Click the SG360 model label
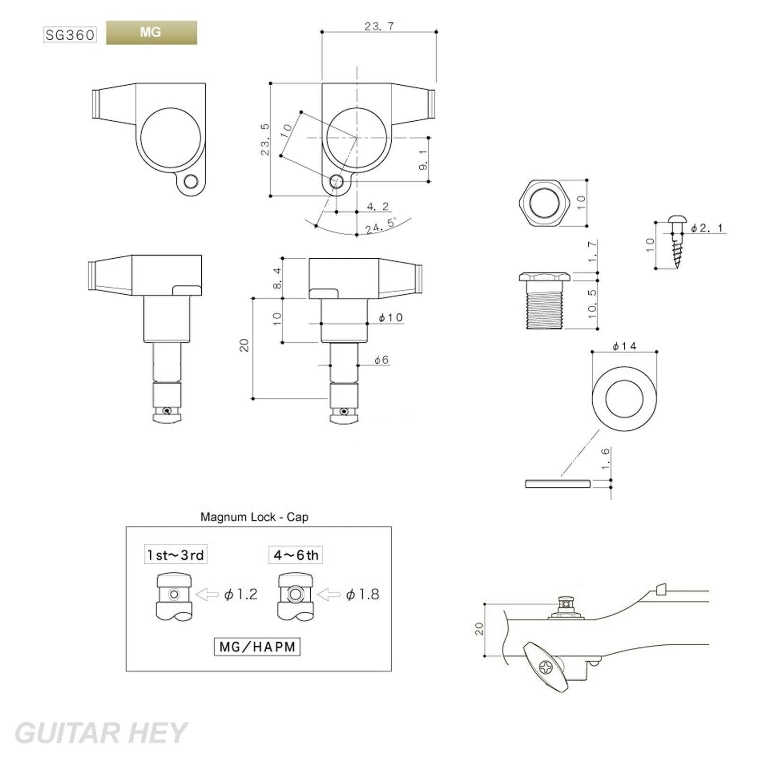(70, 35)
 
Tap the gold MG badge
(151, 33)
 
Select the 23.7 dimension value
(379, 27)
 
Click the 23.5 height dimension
(265, 139)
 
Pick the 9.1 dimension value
(423, 160)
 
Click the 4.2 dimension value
(378, 207)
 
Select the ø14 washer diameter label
(624, 346)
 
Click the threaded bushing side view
(544, 300)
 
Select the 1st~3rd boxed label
(176, 555)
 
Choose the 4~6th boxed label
(296, 555)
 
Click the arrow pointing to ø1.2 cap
(207, 595)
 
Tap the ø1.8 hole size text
(363, 595)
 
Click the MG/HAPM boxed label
(257, 647)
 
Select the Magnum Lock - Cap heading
(254, 517)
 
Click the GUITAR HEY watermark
(101, 733)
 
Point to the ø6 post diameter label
(381, 360)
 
